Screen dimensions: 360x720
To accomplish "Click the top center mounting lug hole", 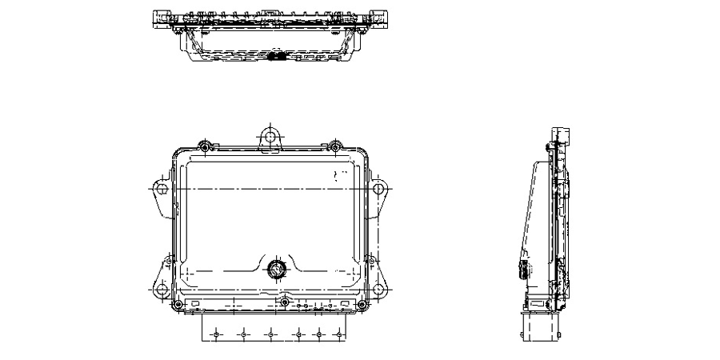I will tap(270, 137).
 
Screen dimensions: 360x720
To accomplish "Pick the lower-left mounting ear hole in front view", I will tap(162, 288).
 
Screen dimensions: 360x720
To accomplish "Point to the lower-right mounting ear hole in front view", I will tap(378, 288).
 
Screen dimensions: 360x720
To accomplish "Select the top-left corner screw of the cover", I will tap(205, 146).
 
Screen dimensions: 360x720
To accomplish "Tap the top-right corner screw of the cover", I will tap(334, 146).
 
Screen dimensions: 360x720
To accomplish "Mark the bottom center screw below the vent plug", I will tap(282, 302).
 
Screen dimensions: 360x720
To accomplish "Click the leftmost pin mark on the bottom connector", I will tap(214, 334).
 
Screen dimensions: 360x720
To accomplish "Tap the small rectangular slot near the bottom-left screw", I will tap(195, 305).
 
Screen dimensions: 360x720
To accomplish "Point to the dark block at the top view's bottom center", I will tap(278, 58).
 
